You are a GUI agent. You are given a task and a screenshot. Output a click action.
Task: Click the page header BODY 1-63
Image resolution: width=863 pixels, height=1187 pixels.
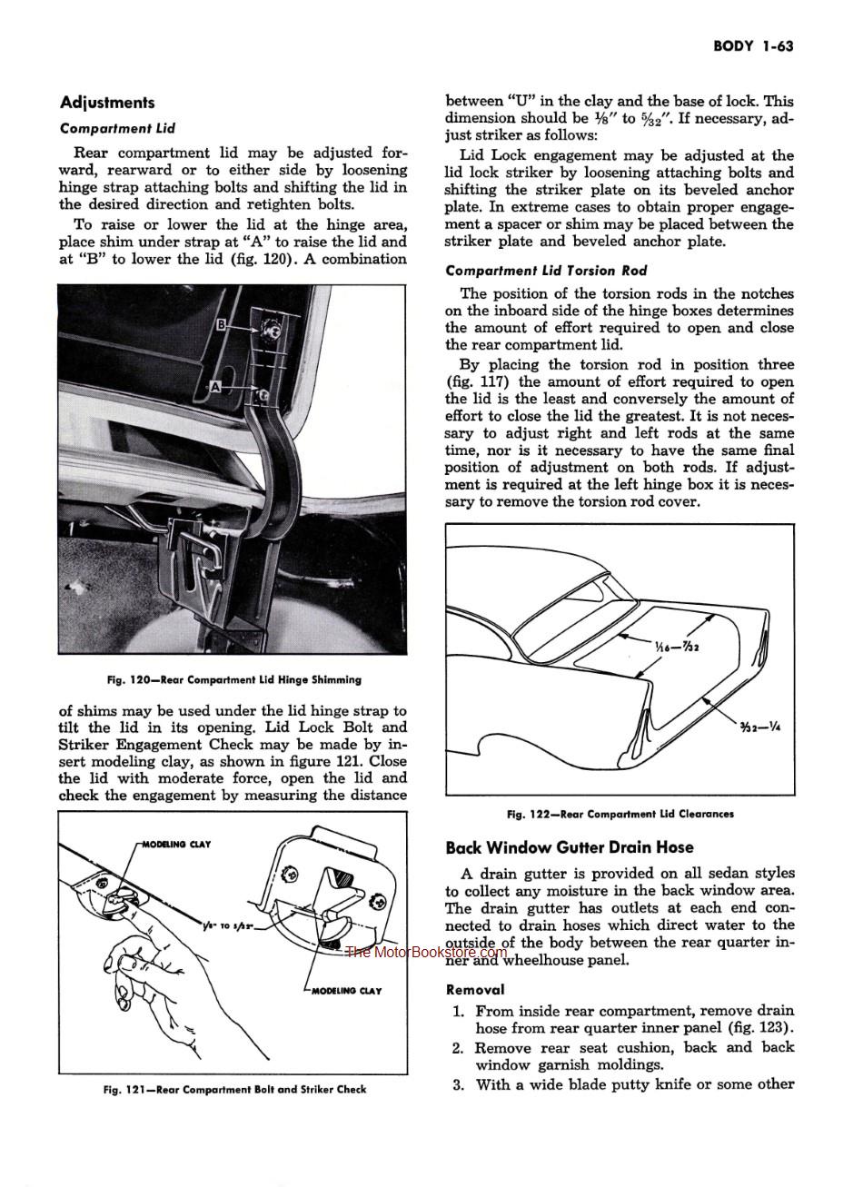pyautogui.click(x=753, y=45)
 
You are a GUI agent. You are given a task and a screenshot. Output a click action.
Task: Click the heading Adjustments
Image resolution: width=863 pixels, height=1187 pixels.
pyautogui.click(x=107, y=103)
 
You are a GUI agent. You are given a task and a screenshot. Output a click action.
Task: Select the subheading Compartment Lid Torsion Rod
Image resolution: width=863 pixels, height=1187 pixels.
pyautogui.click(x=545, y=271)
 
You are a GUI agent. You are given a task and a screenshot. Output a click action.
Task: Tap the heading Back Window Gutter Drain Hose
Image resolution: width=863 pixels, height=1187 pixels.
pyautogui.click(x=570, y=847)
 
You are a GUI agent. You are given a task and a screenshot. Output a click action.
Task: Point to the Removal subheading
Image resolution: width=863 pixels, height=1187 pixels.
pyautogui.click(x=475, y=990)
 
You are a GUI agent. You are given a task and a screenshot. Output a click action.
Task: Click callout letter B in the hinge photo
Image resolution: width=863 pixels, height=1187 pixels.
pyautogui.click(x=222, y=324)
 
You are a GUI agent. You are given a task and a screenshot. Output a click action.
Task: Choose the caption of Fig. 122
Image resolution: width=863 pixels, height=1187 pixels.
pyautogui.click(x=620, y=814)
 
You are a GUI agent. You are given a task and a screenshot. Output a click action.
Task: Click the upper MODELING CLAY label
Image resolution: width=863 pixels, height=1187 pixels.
pyautogui.click(x=177, y=845)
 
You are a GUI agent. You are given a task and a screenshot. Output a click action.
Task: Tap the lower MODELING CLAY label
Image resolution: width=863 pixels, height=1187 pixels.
pyautogui.click(x=347, y=991)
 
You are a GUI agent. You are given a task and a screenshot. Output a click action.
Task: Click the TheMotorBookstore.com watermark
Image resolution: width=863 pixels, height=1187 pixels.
pyautogui.click(x=425, y=952)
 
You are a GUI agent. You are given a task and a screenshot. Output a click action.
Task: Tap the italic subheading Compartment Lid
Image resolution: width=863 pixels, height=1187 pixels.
pyautogui.click(x=117, y=129)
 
